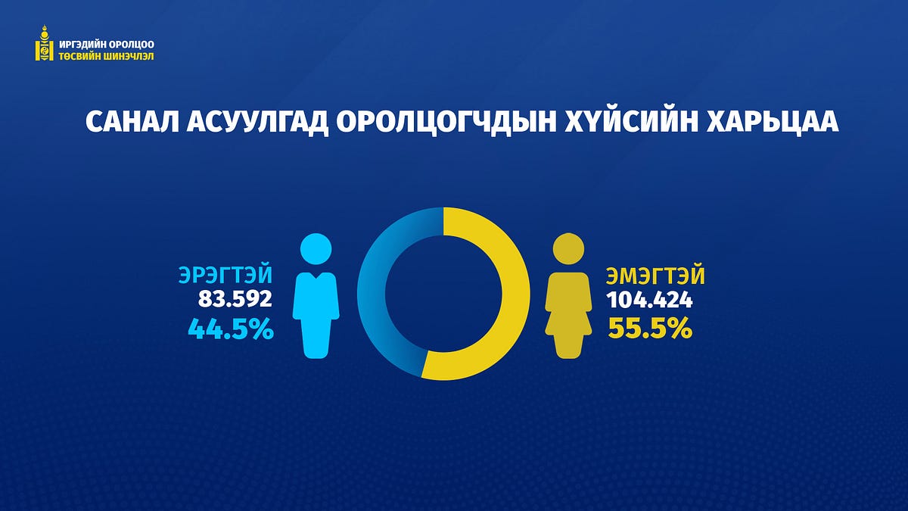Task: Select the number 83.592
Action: pos(235,299)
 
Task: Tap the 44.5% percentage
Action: pos(231,329)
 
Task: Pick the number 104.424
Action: pos(649,300)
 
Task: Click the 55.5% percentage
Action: pos(650,328)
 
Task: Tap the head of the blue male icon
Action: pos(316,249)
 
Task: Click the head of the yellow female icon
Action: pos(569,249)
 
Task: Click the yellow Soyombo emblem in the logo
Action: pos(44,43)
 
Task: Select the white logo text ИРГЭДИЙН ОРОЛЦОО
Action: pos(107,44)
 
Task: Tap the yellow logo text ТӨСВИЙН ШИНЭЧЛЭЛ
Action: pos(107,56)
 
